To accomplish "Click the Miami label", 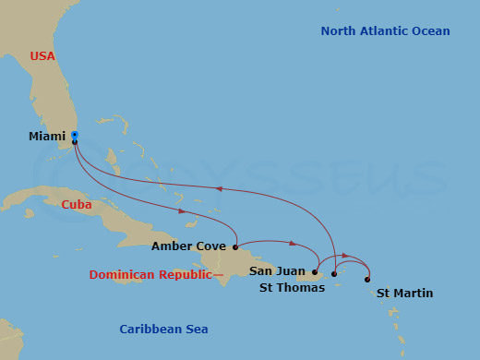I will click(47, 136).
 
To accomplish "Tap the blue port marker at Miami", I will click(74, 135).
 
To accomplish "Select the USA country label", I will click(42, 56).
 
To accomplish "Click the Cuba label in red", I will click(77, 205).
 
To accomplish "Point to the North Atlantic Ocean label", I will click(385, 31).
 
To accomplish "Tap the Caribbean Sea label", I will click(163, 330).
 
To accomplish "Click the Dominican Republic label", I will click(150, 275).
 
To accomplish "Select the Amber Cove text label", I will click(188, 246).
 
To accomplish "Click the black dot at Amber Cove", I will click(236, 247).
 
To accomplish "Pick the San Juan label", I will click(274, 270).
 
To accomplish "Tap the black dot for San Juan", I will click(315, 271).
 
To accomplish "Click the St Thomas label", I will click(292, 288).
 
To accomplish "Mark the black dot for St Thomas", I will click(334, 274).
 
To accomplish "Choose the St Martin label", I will click(404, 294).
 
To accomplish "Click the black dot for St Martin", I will click(367, 279).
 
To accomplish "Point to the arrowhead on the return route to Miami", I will click(219, 188).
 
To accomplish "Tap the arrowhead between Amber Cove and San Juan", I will click(292, 245).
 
